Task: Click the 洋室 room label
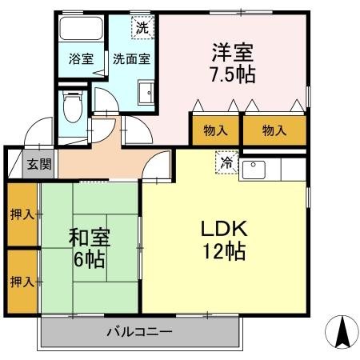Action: click(233, 53)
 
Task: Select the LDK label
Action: click(224, 228)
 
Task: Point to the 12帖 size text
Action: click(224, 250)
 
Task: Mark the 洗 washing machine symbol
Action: click(142, 26)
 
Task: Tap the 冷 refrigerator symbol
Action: click(226, 162)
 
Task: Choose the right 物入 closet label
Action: click(274, 130)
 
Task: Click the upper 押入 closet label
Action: click(22, 214)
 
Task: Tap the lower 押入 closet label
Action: click(22, 282)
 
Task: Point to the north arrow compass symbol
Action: click(341, 330)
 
